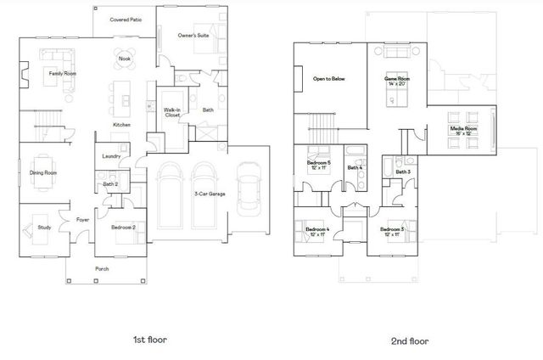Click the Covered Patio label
[126, 19]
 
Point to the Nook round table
[125, 59]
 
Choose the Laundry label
[110, 156]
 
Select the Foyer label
[83, 219]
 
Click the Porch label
[102, 271]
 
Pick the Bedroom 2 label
[123, 227]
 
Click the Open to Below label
[329, 79]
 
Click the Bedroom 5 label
[321, 164]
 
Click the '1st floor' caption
[150, 339]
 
